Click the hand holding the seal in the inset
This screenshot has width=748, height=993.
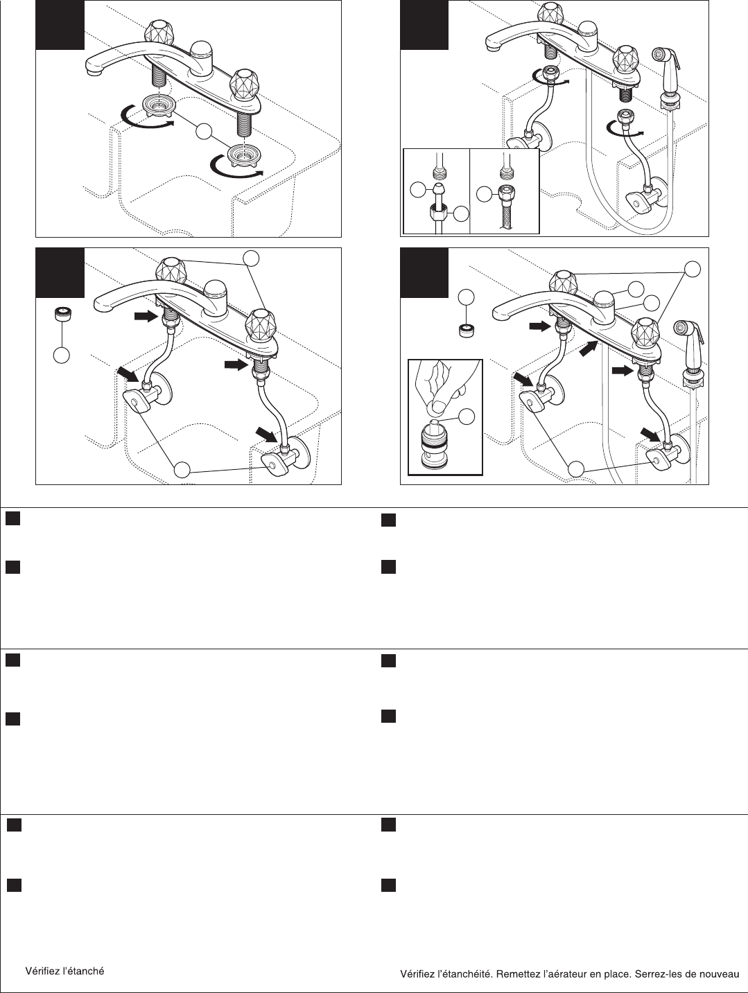(x=444, y=385)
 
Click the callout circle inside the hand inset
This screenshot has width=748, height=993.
(x=467, y=416)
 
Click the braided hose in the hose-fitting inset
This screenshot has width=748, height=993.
(x=505, y=218)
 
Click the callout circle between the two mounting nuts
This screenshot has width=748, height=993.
(x=204, y=131)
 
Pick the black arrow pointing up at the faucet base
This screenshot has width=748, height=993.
(x=589, y=348)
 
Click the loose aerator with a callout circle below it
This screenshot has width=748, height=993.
(x=62, y=314)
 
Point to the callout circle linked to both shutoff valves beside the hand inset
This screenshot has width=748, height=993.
(x=575, y=469)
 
